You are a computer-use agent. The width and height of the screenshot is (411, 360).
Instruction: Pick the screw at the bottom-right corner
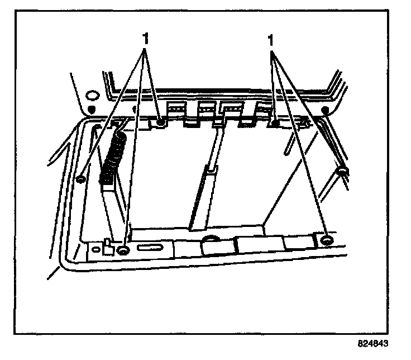(327, 241)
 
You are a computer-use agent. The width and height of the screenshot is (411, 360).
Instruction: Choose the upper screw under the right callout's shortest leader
(275, 120)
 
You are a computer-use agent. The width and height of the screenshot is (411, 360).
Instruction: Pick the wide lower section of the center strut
(199, 201)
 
